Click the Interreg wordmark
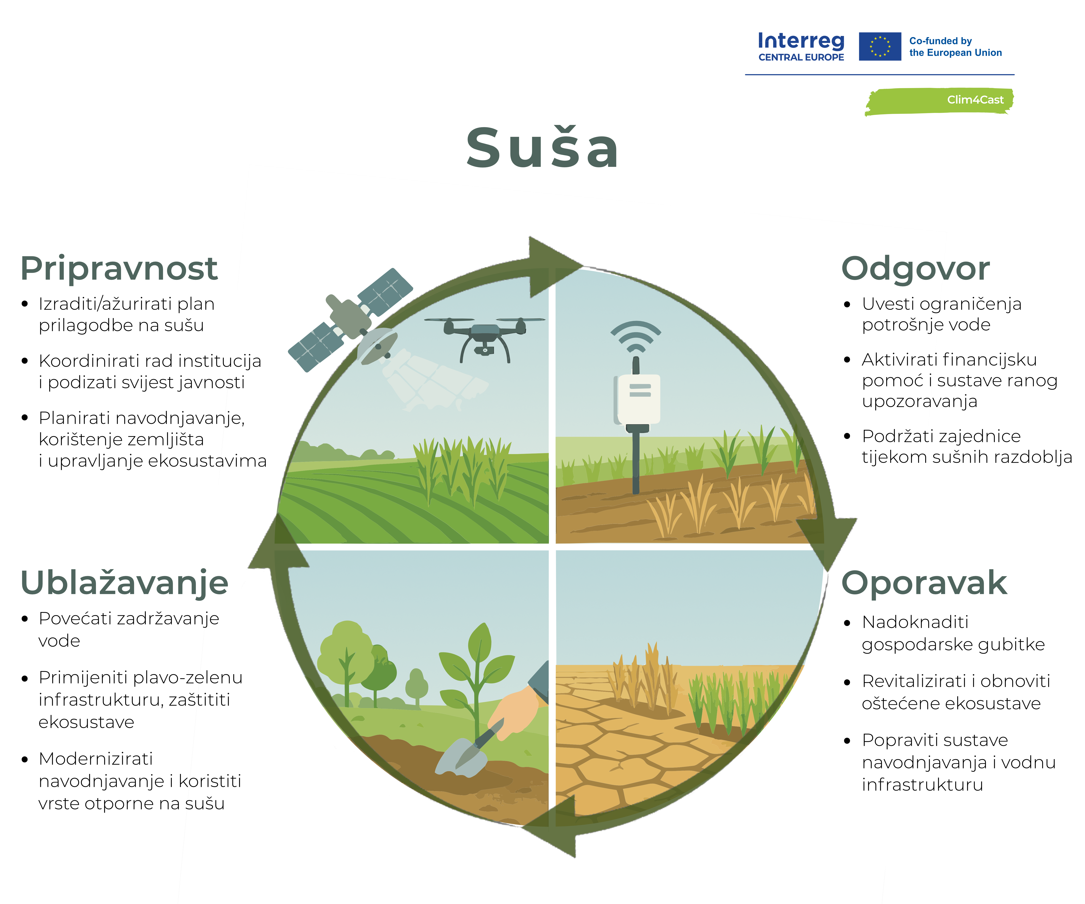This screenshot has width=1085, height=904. click(801, 41)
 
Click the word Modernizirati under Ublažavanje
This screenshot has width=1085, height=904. click(96, 759)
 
